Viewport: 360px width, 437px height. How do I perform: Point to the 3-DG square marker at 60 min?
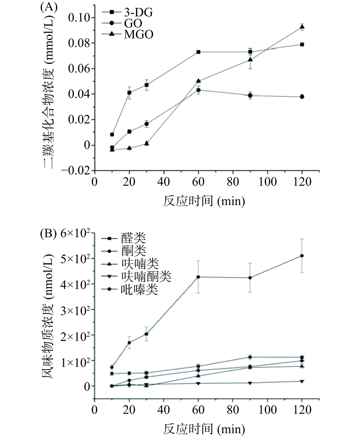click(x=198, y=52)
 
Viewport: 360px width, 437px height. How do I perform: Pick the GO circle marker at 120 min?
click(x=302, y=97)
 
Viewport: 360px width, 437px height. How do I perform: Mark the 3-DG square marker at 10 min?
click(x=112, y=134)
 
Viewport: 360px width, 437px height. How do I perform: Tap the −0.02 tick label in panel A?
click(x=76, y=171)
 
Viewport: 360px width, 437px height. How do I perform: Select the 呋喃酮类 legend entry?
click(x=146, y=276)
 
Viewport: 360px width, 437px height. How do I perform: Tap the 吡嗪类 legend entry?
click(x=140, y=290)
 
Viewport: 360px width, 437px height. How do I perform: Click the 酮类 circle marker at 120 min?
click(x=302, y=256)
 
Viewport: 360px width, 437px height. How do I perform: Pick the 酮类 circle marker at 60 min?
click(x=198, y=277)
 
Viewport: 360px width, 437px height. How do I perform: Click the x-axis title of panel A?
click(x=204, y=201)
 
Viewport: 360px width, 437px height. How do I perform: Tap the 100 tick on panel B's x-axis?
click(x=267, y=410)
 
